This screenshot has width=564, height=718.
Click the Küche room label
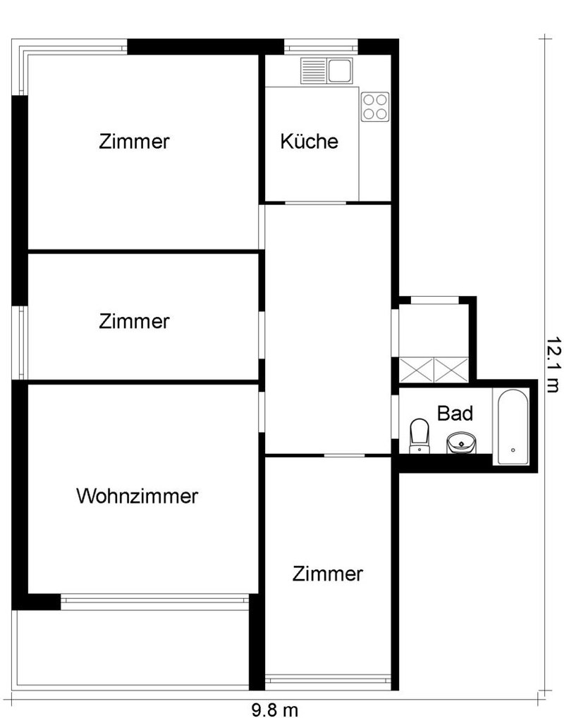309,141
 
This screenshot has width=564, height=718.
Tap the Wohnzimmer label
137,496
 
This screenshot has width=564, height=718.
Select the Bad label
455,413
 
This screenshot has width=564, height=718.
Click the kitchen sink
326,70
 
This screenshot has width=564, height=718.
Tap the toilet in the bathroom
419,434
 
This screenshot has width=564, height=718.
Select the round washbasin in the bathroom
460,442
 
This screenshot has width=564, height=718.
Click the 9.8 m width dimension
274,710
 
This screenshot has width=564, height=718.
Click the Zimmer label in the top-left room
135,141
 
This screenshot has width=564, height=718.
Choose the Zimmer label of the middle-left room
135,321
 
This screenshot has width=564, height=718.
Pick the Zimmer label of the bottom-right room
328,574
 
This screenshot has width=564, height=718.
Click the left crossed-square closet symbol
415,369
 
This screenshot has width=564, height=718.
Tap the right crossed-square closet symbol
450,369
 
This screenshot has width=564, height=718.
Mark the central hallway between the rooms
327,328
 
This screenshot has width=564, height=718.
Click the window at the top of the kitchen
321,48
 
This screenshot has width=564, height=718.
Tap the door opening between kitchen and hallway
315,203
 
